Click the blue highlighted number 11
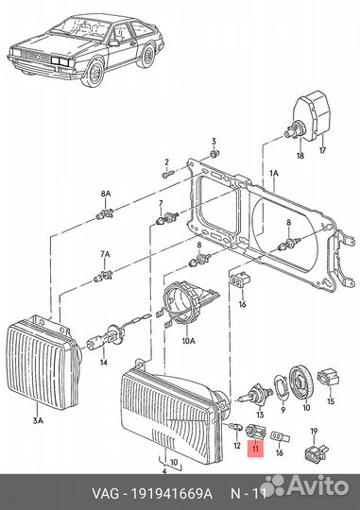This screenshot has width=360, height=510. [252, 452]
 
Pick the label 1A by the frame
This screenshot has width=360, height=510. [274, 174]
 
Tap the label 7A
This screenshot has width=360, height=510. [106, 255]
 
